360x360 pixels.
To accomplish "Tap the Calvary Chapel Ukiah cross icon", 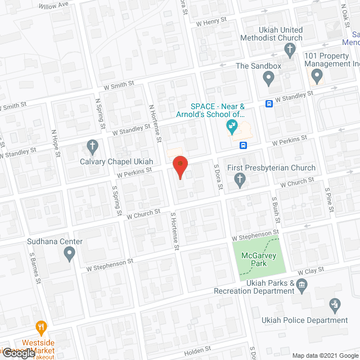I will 93,148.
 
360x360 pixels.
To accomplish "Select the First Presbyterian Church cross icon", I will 240,181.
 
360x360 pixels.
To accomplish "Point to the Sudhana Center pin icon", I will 69,254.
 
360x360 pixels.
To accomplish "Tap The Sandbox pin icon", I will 268,79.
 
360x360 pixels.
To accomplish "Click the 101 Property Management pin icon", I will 317,75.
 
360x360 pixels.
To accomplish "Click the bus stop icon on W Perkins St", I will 244,145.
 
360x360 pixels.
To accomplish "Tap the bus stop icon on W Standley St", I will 269,103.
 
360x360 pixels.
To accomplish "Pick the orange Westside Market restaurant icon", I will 40,327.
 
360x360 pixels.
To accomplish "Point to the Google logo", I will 18,352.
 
